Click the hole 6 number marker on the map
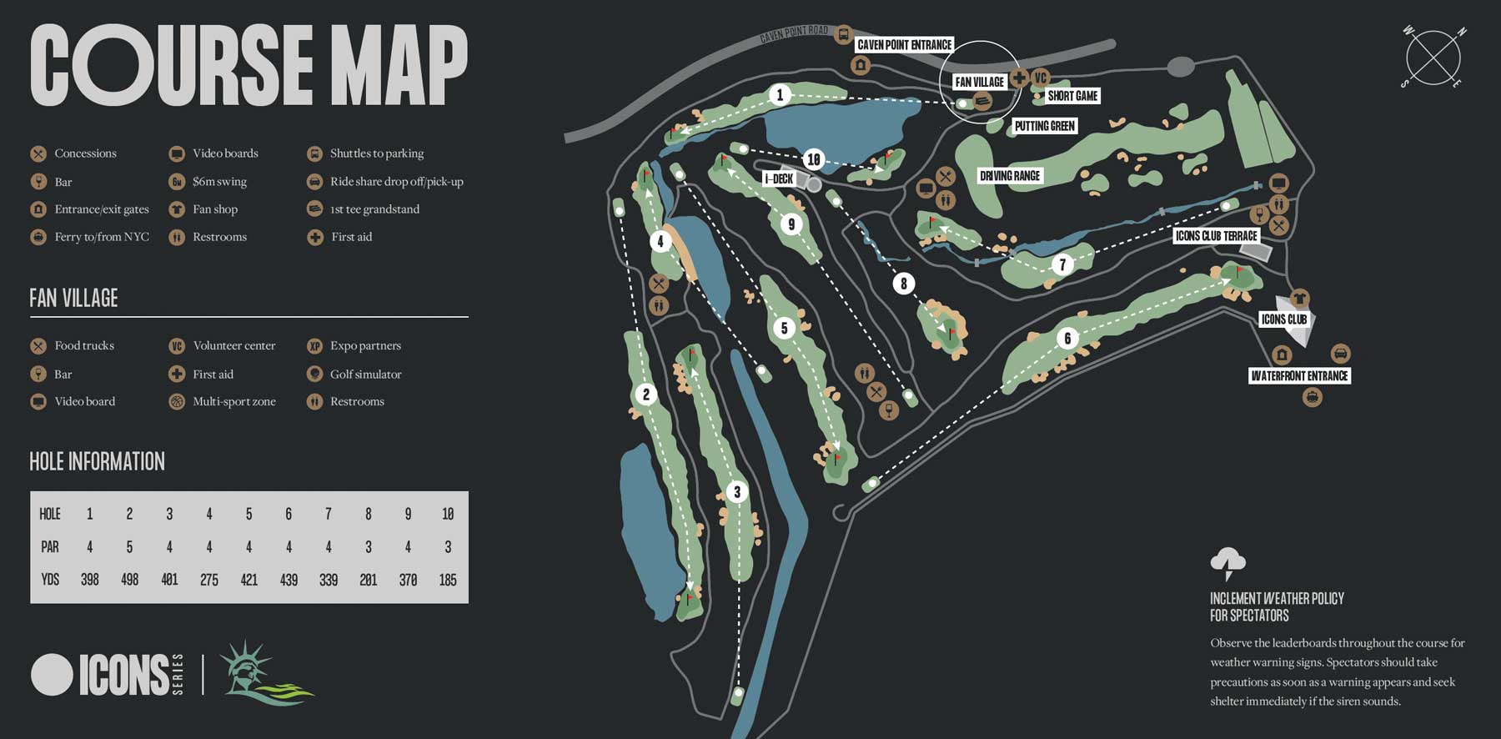coord(1067,338)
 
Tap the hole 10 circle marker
coord(814,158)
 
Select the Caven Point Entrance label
coord(904,45)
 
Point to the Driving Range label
coord(1009,176)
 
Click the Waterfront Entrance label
coord(1298,376)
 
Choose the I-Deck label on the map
coord(779,178)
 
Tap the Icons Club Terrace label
coord(1216,236)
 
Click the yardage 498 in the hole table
coord(129,580)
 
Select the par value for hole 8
coord(369,547)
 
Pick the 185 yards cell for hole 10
coord(448,580)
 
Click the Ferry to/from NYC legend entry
coord(101,237)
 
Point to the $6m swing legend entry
coord(219,182)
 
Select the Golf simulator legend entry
coord(365,375)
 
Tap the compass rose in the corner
coord(1433,58)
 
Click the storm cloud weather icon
coord(1227,563)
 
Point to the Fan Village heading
coord(73,299)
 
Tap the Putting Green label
coord(1044,126)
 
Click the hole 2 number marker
coord(645,395)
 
